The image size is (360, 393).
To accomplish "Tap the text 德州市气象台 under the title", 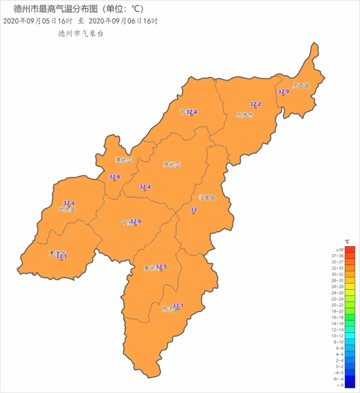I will coord(80,34).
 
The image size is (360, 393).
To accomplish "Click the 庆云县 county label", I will coord(301,85).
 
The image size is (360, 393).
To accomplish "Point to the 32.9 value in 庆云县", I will coord(283,91).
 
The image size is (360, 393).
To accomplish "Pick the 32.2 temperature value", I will coord(255,104).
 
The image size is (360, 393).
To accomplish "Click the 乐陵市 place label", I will coord(245,115).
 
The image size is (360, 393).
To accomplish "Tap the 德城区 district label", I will coord(124,160).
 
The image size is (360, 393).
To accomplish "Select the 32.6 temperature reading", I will coord(115,176).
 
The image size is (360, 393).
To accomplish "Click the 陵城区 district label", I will coord(172,165).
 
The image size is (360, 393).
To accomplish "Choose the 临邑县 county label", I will coord(207,198).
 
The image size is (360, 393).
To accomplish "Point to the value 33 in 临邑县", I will coord(193,210).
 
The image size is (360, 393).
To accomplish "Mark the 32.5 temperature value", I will coord(161,267).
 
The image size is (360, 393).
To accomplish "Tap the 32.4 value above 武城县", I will coord(69,203).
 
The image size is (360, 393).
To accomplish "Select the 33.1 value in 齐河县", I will coord(178,305).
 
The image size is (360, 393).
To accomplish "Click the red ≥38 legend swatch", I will coord(350,249).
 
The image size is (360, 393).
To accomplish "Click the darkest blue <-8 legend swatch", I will coord(350,385).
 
